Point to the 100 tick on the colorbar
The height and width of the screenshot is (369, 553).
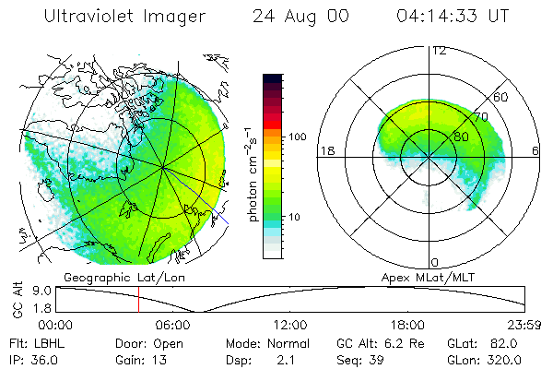[x=297, y=137]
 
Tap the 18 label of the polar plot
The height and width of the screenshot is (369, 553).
[x=325, y=150]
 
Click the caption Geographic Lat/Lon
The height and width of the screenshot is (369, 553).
[x=110, y=277]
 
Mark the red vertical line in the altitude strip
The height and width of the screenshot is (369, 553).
[x=138, y=300]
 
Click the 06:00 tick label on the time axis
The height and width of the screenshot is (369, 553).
[x=173, y=325]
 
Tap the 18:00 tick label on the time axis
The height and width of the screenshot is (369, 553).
[x=407, y=325]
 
